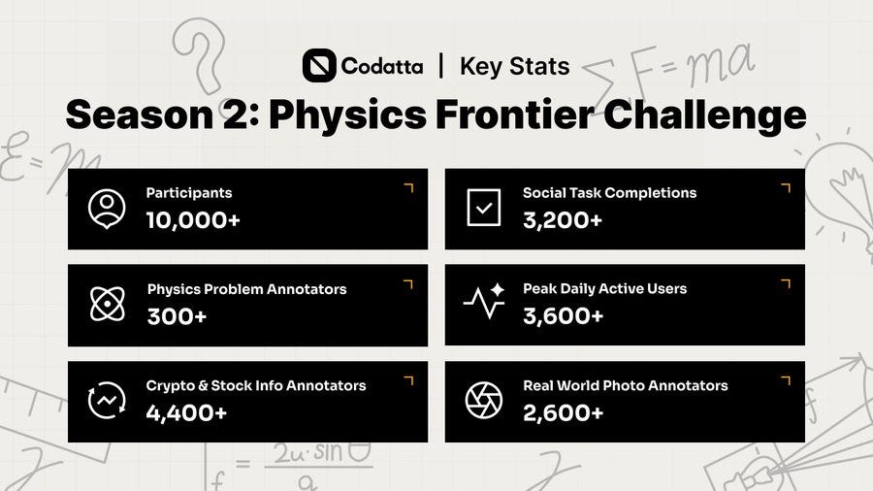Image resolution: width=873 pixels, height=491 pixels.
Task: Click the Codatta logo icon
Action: coord(319,66)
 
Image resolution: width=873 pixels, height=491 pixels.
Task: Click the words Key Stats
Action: coord(514,67)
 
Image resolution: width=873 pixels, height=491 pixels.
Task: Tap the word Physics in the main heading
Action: coord(347,115)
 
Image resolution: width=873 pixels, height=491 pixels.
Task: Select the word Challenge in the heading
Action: coord(704,115)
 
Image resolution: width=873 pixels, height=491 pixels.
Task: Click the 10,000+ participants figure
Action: coord(193,220)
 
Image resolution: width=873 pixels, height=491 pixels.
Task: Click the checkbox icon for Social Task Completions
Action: coord(484,208)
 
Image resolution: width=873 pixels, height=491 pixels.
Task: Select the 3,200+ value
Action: coord(563,220)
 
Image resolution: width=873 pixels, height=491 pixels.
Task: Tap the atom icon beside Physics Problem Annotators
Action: coord(108,304)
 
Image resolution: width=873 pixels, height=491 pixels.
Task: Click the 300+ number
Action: coord(178,316)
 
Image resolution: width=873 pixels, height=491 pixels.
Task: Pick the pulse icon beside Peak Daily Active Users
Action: coord(484,301)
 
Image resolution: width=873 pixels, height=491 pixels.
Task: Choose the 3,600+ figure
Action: coord(563,315)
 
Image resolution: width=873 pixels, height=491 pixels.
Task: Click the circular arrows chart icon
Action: coord(107,400)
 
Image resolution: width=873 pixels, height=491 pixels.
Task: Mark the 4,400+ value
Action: coord(186,412)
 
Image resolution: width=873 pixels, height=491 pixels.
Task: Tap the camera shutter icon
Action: coord(484,400)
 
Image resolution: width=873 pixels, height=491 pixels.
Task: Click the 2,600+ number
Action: coord(563,412)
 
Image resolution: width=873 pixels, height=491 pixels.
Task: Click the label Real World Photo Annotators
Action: coord(626,385)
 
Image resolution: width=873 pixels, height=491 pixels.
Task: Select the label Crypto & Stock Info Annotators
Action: coord(256,385)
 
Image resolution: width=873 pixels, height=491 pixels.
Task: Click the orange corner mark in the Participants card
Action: coord(409,187)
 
